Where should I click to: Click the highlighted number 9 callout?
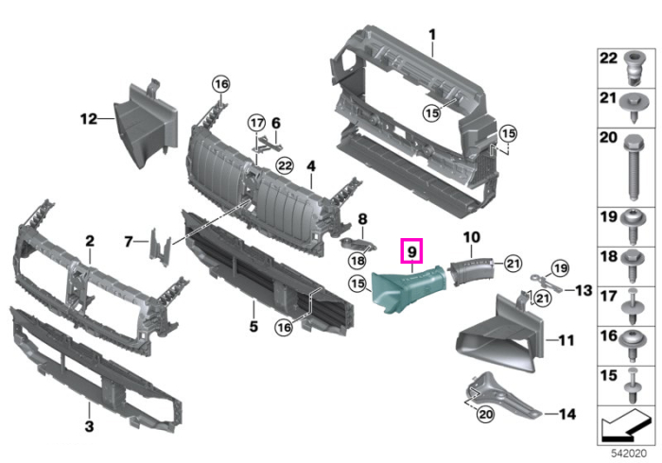point(411,251)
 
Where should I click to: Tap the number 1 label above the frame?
point(432,35)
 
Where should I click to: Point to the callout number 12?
point(89,119)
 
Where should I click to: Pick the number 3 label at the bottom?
point(89,426)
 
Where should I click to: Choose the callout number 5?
point(253,326)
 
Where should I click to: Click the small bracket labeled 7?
point(161,248)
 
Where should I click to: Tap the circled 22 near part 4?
point(285,165)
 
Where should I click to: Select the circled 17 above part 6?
point(256,124)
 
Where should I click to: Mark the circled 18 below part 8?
point(357,261)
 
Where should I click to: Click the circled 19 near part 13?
point(560,268)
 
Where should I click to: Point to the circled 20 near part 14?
point(485,415)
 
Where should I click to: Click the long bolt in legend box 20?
point(634,168)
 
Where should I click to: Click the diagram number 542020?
point(629,454)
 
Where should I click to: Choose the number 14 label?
point(567,414)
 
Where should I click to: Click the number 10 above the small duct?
point(471,237)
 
